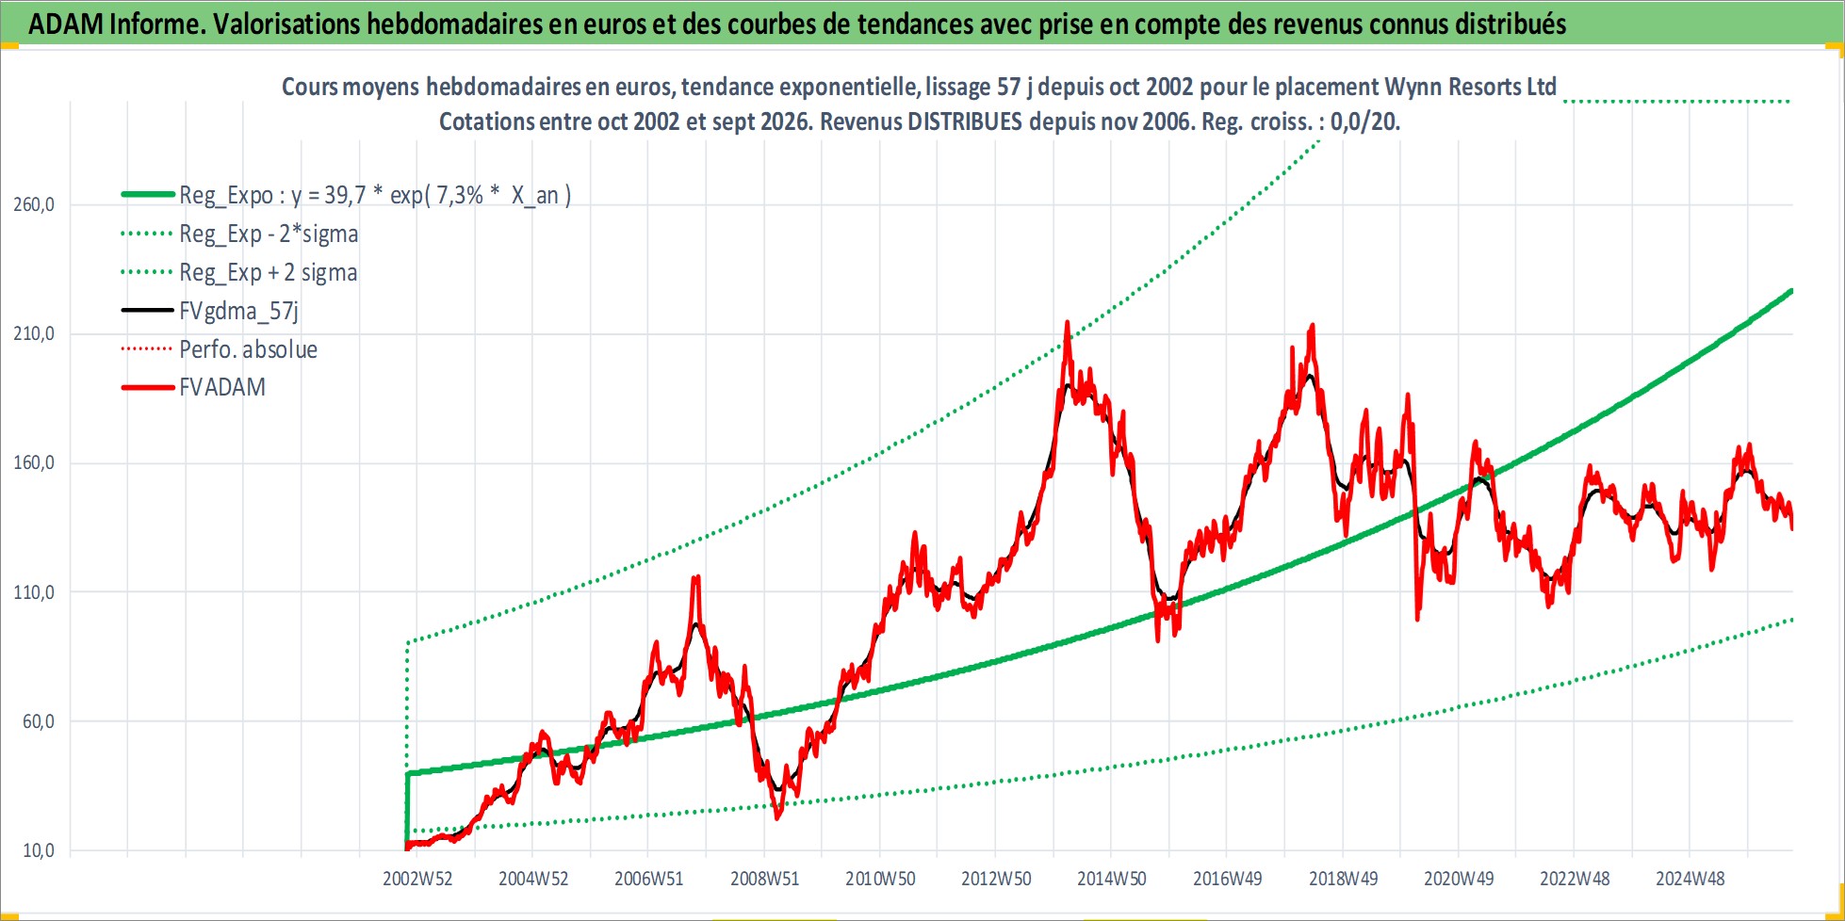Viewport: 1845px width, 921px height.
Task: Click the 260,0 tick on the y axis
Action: point(34,204)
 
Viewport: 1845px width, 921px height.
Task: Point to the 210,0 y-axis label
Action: point(34,333)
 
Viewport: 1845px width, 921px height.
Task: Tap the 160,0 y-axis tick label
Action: point(34,462)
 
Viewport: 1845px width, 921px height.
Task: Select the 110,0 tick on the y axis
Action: point(34,592)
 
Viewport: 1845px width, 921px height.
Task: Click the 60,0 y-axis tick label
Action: point(39,721)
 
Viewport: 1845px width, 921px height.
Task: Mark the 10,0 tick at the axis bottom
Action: point(39,850)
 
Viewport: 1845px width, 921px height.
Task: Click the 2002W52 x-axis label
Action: point(417,879)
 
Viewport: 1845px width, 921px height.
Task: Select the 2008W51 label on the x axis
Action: point(765,879)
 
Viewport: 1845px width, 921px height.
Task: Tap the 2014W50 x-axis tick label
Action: point(1112,879)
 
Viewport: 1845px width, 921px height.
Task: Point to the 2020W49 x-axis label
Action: point(1459,879)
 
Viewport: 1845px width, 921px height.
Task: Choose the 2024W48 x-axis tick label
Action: point(1690,879)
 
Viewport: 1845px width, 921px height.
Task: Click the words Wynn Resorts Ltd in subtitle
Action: point(1470,87)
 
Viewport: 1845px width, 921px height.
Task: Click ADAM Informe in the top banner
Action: point(117,24)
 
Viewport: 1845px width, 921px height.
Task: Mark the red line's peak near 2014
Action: point(1067,322)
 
